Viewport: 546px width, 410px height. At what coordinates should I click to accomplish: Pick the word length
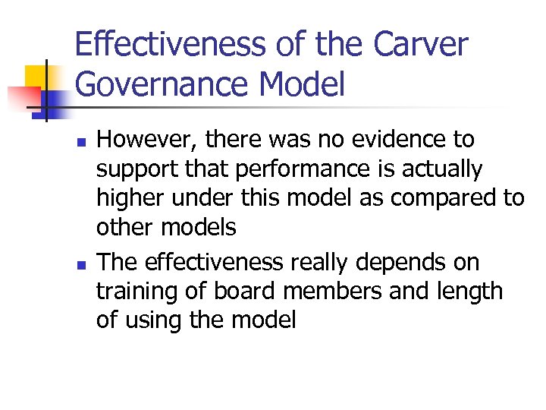(467, 292)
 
